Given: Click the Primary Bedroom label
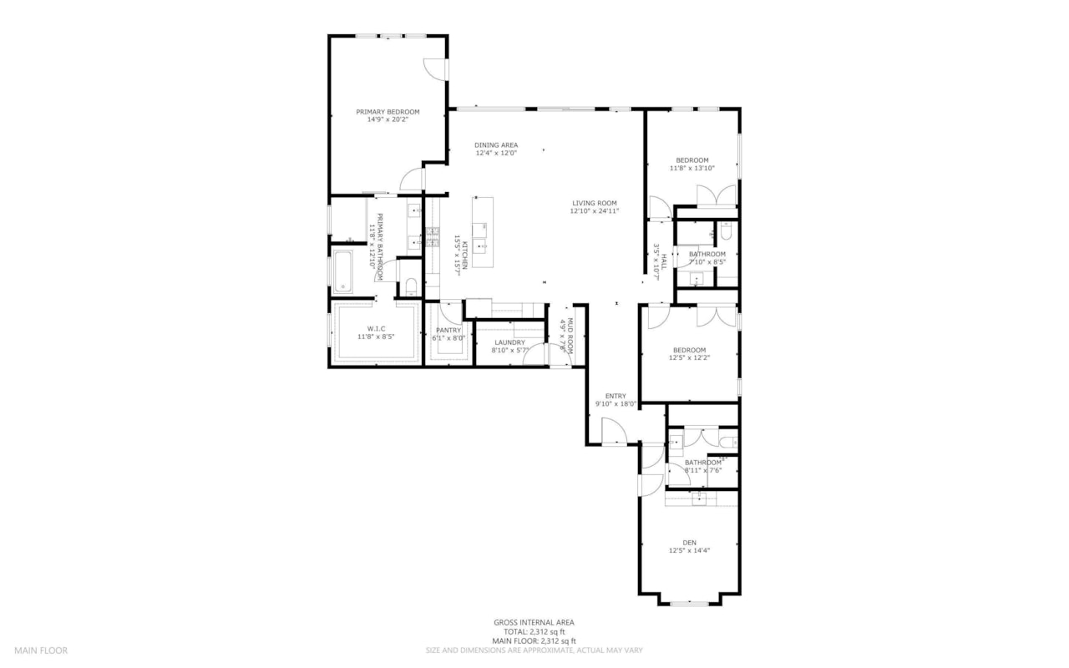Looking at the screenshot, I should pos(388,112).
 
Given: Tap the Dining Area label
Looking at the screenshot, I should pos(496,145).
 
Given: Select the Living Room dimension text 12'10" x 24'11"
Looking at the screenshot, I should pos(594,211).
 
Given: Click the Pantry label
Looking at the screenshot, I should pos(448,330).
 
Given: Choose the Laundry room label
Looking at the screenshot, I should pos(509,342).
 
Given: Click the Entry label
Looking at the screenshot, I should pos(616,396).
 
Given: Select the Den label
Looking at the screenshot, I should pos(689,542).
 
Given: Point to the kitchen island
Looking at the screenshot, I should pos(482,232).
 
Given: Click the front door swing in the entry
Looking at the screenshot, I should pos(615,433).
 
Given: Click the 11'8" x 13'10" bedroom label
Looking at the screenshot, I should pos(692,160).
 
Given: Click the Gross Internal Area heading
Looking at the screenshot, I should pos(534,622).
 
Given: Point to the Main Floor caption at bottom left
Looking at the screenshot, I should pos(41,650).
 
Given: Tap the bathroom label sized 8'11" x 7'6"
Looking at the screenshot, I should pos(702,463).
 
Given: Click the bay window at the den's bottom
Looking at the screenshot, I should pos(690,602).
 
